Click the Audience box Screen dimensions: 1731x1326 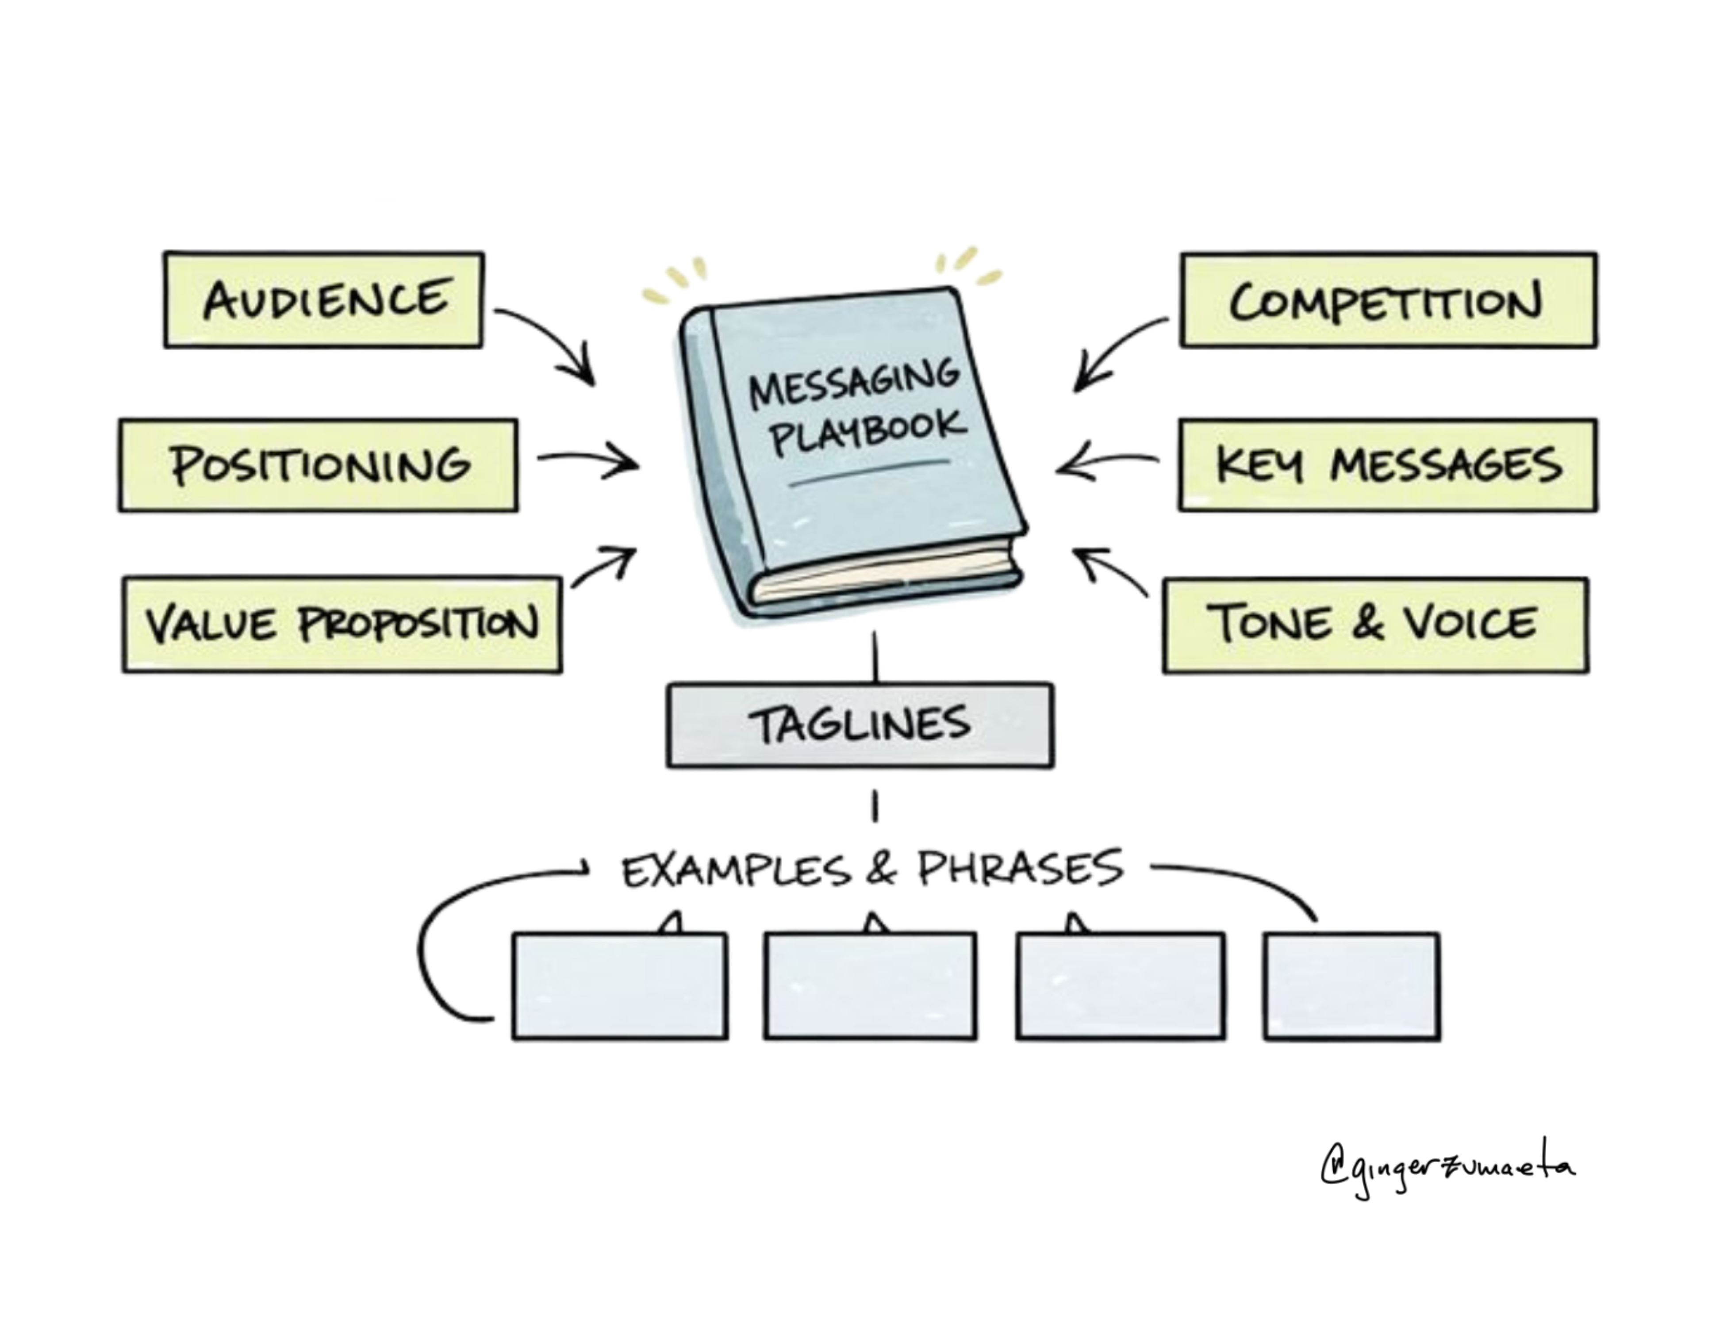[324, 300]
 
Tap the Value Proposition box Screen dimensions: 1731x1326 [342, 625]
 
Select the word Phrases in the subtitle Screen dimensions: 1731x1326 [1020, 867]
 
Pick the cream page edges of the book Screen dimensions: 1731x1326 [884, 572]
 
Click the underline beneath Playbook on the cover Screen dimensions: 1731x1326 [869, 472]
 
